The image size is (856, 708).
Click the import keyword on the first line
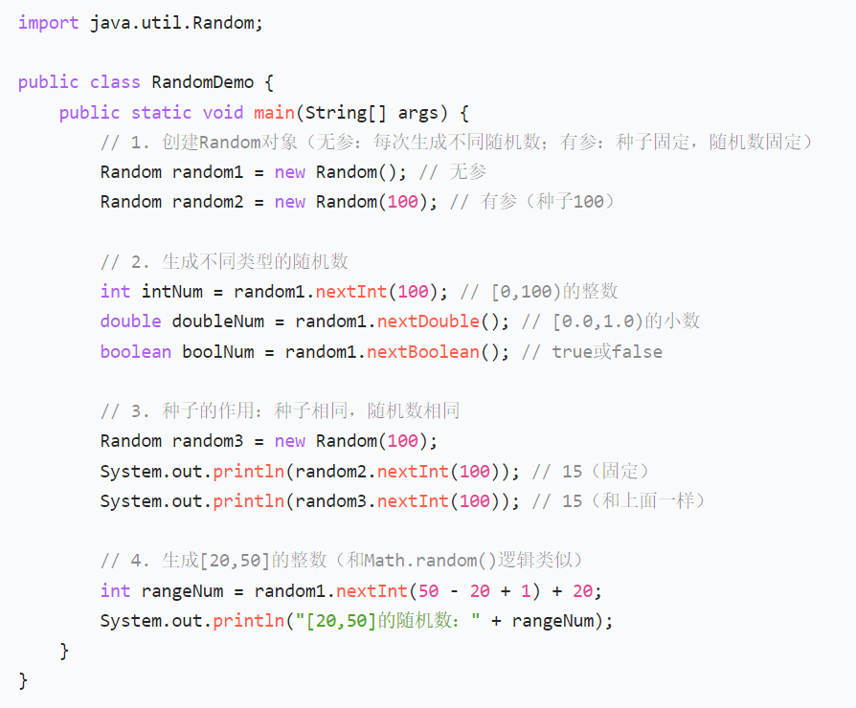point(48,22)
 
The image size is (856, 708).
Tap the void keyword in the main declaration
point(222,112)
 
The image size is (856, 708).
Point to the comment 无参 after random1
point(468,172)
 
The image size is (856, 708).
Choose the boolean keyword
point(135,351)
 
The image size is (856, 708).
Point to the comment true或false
point(606,351)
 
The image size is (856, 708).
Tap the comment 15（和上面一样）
point(634,500)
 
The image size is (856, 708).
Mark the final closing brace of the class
point(23,680)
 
